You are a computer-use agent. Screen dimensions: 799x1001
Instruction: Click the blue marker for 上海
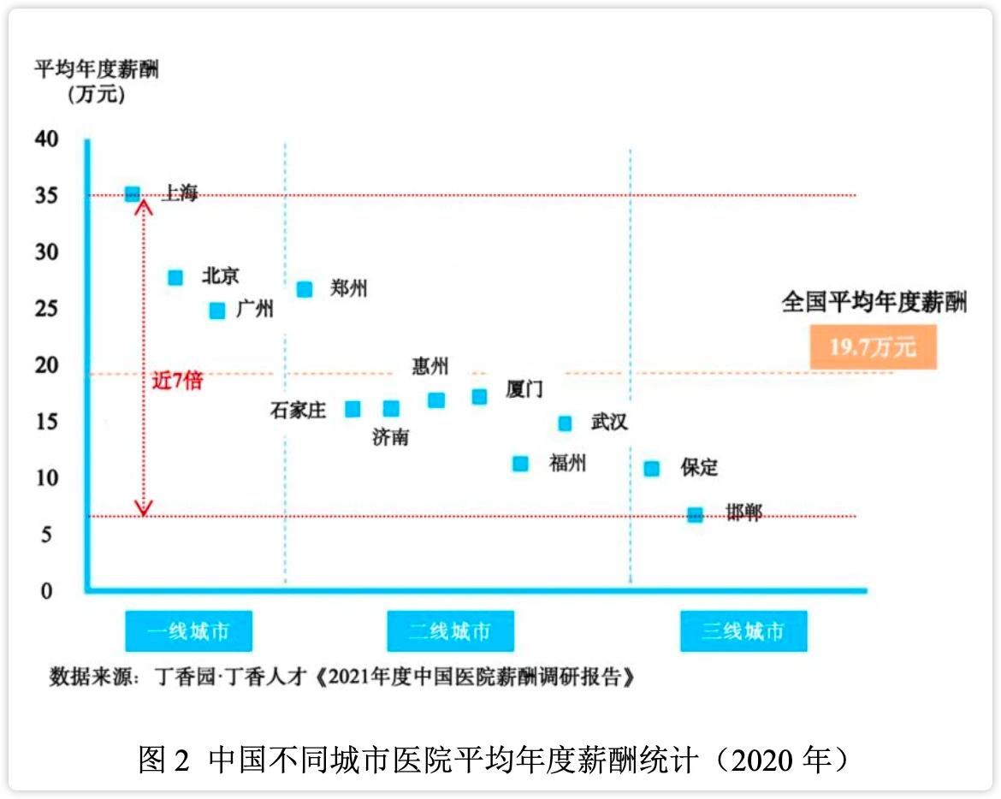[x=133, y=194]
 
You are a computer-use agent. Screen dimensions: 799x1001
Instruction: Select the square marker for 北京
[x=175, y=277]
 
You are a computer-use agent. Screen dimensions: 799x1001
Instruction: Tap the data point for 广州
[x=217, y=311]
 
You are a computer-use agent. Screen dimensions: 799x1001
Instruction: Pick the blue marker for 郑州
[x=305, y=289]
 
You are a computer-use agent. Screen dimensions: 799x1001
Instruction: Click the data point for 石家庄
[x=352, y=409]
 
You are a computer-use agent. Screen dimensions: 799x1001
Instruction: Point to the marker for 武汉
[x=565, y=423]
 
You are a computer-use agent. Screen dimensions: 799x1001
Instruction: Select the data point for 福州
[x=520, y=464]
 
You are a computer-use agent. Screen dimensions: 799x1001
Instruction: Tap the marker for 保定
[x=652, y=469]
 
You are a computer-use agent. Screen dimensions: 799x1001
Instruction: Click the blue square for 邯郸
[x=696, y=515]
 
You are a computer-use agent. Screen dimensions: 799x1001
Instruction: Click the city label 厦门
[x=524, y=390]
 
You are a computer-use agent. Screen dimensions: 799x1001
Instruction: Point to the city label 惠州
[x=430, y=367]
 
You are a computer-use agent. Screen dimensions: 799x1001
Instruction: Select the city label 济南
[x=390, y=437]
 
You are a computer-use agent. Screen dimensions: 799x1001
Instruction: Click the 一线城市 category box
[x=189, y=632]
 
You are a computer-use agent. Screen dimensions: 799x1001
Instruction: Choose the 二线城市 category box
[x=450, y=632]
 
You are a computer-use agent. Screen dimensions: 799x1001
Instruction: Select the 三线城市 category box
[x=743, y=632]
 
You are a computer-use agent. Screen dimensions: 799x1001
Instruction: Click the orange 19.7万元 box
[x=873, y=347]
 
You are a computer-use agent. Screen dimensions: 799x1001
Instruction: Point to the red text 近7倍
[x=178, y=381]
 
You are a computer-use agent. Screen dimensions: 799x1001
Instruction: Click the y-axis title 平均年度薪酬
[x=96, y=68]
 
